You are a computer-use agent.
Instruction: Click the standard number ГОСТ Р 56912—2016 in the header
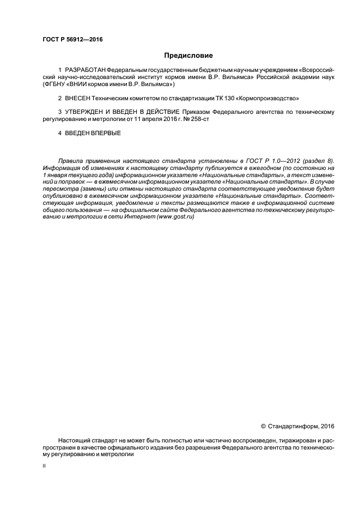72,40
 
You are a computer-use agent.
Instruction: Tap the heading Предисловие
188,56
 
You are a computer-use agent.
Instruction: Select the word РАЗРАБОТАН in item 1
85,71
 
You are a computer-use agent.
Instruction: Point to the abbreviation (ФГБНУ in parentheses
54,84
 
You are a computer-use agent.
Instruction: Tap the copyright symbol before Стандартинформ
264,426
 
